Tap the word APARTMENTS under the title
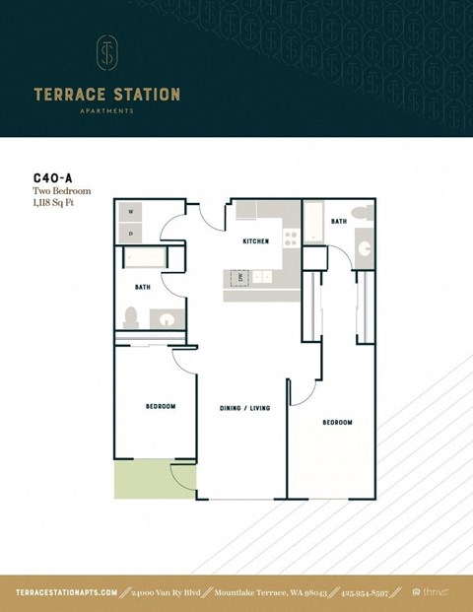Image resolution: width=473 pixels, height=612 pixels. pos(106,111)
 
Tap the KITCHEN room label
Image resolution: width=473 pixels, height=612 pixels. pos(256,240)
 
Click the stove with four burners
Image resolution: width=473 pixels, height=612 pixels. pos(291,238)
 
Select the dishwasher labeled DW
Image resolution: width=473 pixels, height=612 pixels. pos(239,278)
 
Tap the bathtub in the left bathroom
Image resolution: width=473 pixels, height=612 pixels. pos(145,259)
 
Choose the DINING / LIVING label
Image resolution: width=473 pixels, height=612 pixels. pos(244,407)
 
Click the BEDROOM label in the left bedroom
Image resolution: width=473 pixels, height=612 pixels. pos(161,407)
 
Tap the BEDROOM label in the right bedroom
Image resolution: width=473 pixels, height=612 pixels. pos(337,422)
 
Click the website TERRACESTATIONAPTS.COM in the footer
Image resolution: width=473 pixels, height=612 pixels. pos(67,592)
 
